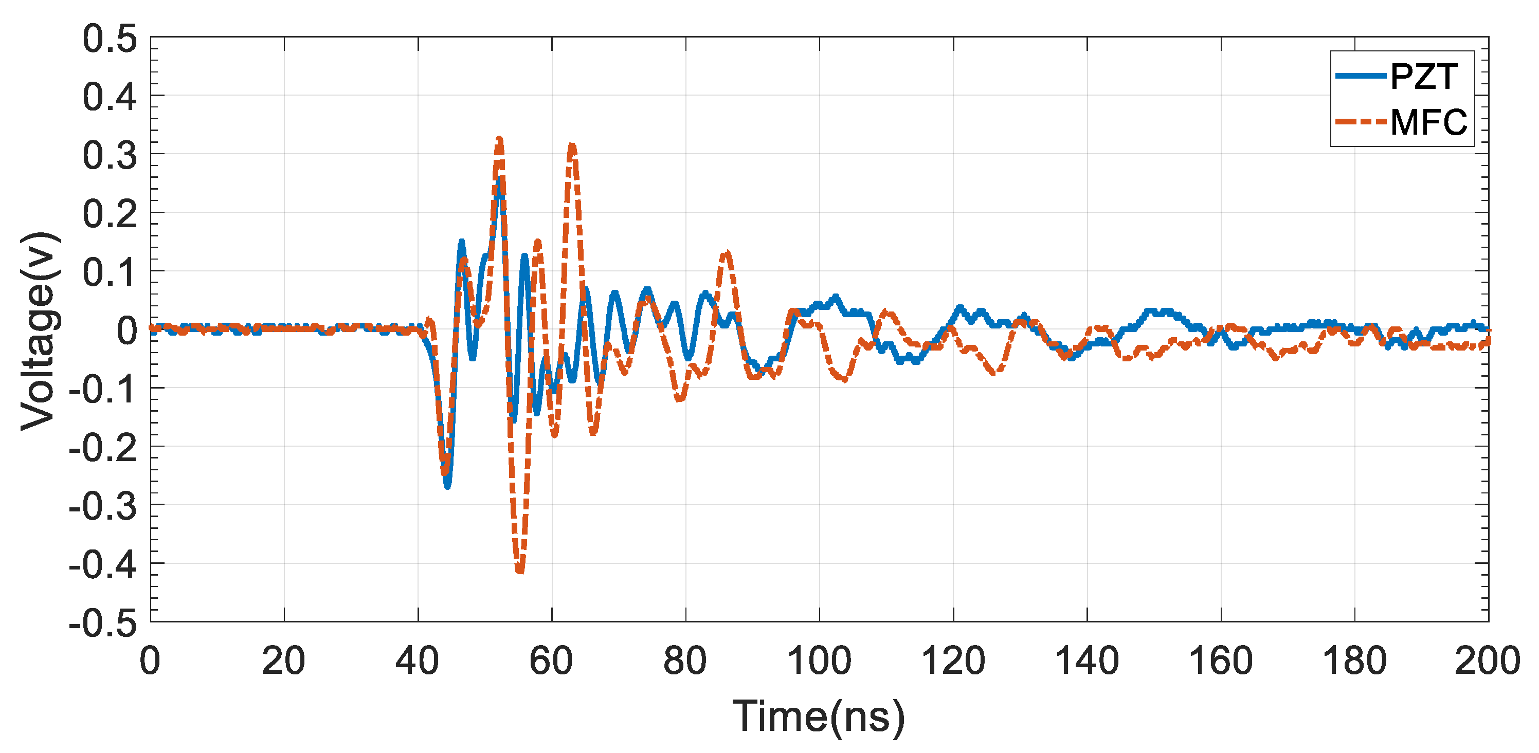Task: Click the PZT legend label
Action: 1424,77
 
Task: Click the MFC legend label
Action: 1428,122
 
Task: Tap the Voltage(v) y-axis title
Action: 40,331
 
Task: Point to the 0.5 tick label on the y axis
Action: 110,40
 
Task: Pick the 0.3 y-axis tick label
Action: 110,156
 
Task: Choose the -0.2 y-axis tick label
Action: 103,448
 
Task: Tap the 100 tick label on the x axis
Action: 819,661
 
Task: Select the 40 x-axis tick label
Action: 418,661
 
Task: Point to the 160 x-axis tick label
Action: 1221,661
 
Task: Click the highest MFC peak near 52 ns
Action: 499,139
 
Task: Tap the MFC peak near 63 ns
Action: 572,145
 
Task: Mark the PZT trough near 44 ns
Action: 447,487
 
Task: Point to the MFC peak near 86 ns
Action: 726,254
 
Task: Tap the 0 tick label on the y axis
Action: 126,332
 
